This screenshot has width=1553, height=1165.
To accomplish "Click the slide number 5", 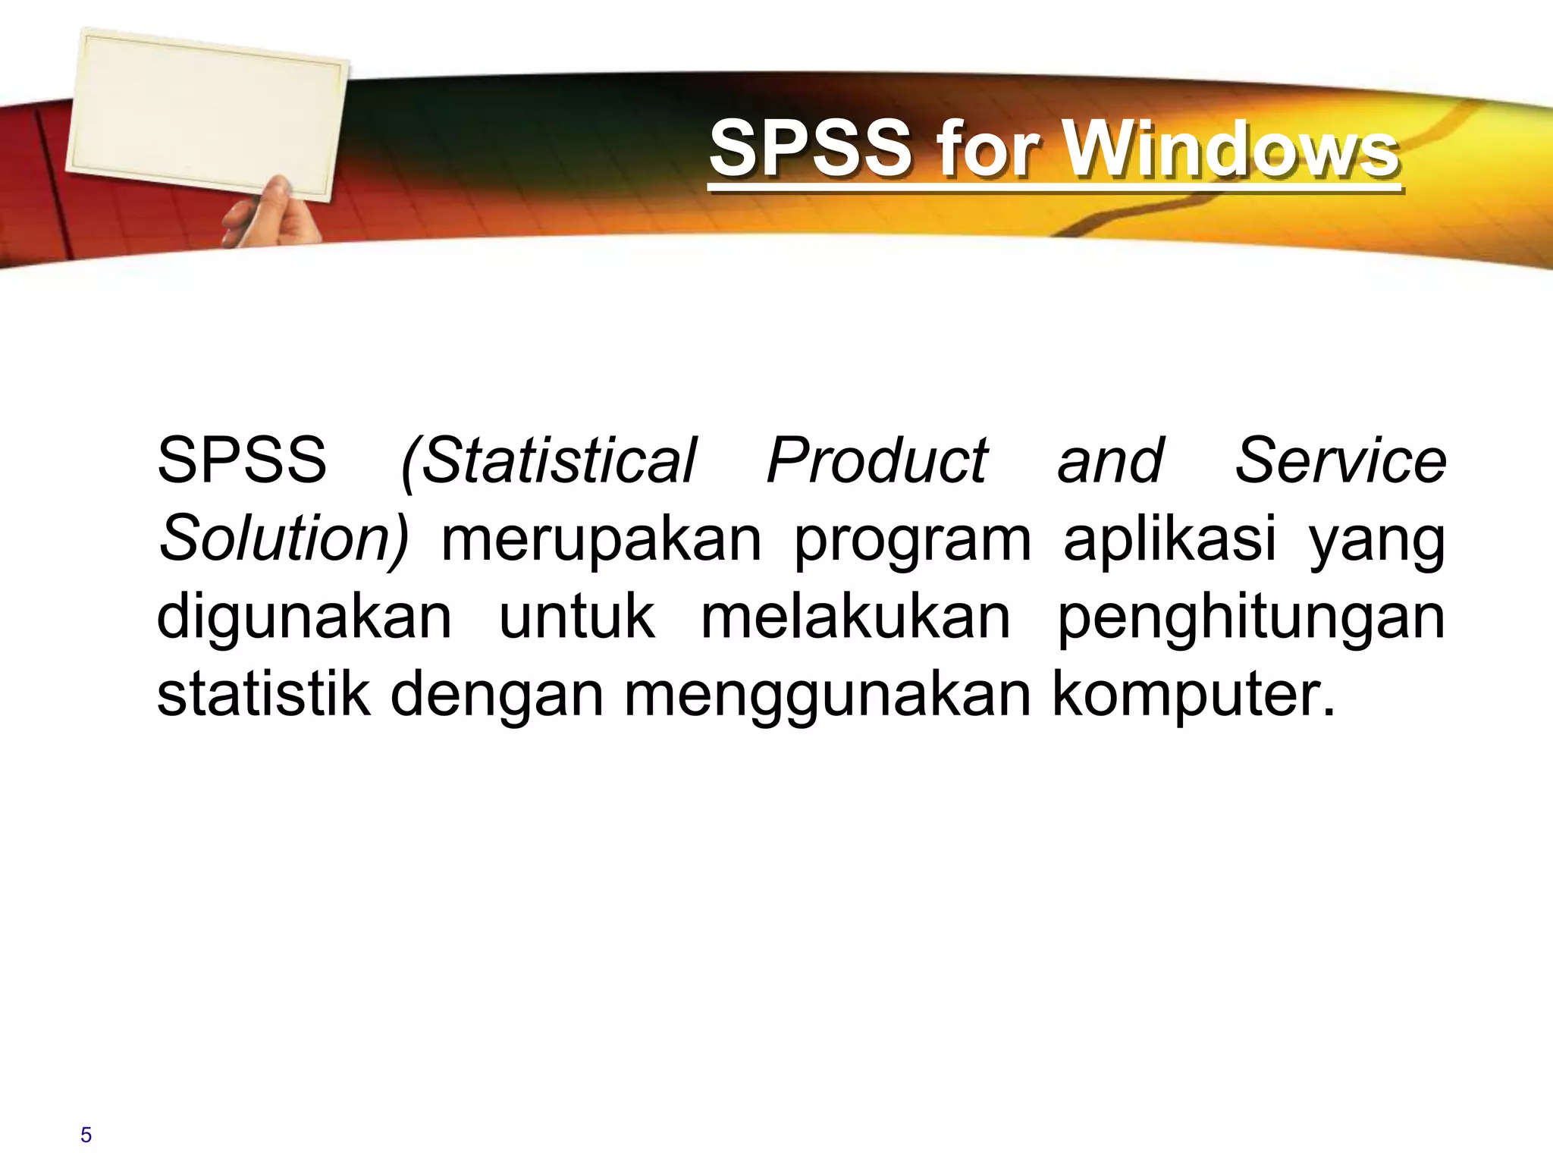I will pos(86,1135).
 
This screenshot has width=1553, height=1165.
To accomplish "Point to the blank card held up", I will pos(206,114).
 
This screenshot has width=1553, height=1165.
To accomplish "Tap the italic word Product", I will pos(877,461).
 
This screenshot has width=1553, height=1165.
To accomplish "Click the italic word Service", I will pos(1341,461).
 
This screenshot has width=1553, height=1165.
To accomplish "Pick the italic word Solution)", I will pos(283,539).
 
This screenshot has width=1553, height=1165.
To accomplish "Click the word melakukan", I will pos(855,616).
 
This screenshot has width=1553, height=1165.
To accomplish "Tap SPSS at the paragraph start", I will pos(241,461).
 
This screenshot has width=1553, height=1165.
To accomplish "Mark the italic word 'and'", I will pos(1110,461).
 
